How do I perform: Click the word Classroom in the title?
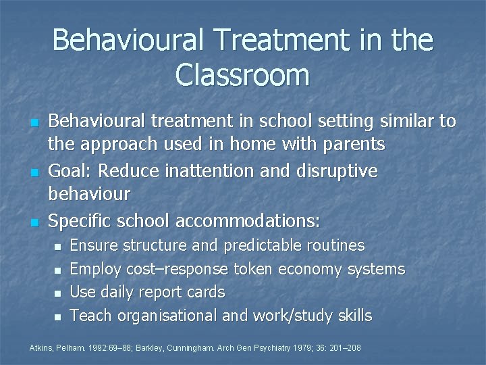pos(242,74)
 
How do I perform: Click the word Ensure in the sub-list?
pos(92,245)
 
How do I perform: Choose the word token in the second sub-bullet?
pos(254,269)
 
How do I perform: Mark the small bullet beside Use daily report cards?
pos(57,293)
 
